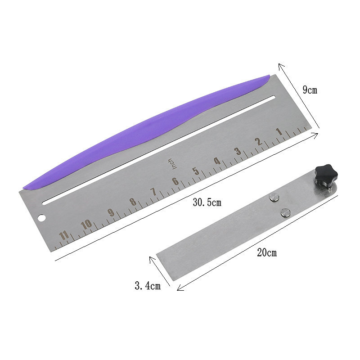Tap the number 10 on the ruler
(x=86, y=224)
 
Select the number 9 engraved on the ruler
(x=111, y=212)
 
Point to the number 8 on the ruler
(x=133, y=202)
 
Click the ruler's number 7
(x=153, y=192)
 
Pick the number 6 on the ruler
(x=175, y=181)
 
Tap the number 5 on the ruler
(x=196, y=171)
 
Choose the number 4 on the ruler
(x=217, y=161)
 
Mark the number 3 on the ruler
(x=238, y=151)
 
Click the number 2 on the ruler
(x=259, y=141)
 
